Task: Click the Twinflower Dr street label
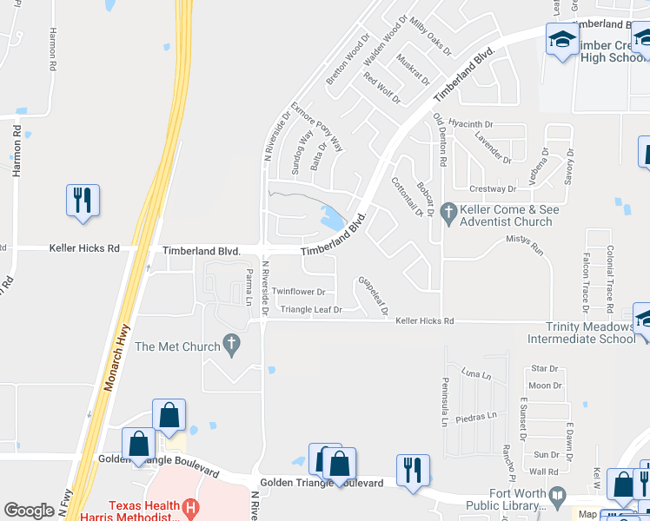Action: (x=298, y=292)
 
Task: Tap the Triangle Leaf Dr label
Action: (x=310, y=309)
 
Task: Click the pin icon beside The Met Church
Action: (x=231, y=346)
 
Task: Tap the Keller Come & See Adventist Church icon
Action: (x=448, y=211)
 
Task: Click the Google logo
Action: (x=29, y=511)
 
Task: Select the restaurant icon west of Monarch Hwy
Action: (x=83, y=200)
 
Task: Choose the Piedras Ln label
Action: (x=481, y=414)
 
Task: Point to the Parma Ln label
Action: (x=248, y=287)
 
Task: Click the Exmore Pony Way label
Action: (x=318, y=128)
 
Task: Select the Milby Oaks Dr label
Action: (x=431, y=36)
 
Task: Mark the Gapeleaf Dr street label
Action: (x=370, y=295)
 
